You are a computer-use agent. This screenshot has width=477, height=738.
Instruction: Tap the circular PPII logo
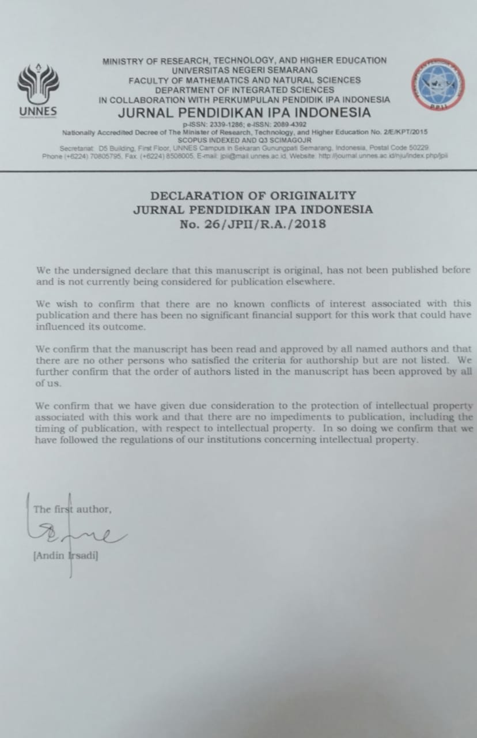(x=437, y=86)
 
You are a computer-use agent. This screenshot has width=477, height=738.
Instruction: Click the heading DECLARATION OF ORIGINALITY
(x=253, y=195)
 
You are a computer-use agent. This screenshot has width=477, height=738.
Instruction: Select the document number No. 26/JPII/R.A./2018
(x=253, y=224)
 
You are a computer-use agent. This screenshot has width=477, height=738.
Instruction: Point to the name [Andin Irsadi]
(x=66, y=557)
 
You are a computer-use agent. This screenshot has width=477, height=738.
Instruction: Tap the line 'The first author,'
(x=72, y=509)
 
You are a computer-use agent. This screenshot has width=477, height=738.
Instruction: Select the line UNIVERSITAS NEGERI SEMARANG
(x=244, y=70)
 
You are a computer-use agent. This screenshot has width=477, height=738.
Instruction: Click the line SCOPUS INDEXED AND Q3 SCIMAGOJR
(x=244, y=140)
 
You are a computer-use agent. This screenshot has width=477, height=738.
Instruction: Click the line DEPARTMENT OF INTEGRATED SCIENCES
(x=244, y=90)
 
